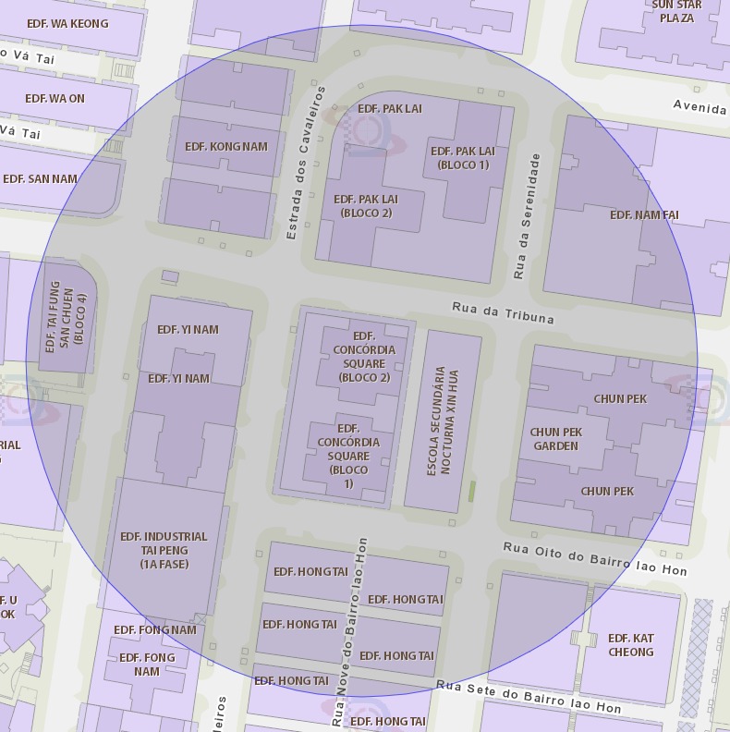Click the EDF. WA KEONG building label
pyautogui.click(x=67, y=23)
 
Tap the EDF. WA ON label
pyautogui.click(x=55, y=98)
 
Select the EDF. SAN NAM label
pyautogui.click(x=40, y=178)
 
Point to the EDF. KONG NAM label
pyautogui.click(x=225, y=146)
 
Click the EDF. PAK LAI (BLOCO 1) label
pyautogui.click(x=463, y=158)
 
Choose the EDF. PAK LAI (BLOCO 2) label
pyautogui.click(x=366, y=205)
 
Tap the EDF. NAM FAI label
pyautogui.click(x=644, y=214)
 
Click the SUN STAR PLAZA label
pyautogui.click(x=676, y=11)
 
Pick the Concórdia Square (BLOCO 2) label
pyautogui.click(x=364, y=357)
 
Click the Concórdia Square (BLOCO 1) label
pyautogui.click(x=348, y=456)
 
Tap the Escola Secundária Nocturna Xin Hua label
pyautogui.click(x=443, y=421)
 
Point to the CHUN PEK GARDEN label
pyautogui.click(x=555, y=439)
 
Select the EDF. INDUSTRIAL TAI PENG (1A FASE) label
pyautogui.click(x=164, y=550)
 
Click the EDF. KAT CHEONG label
pyautogui.click(x=631, y=645)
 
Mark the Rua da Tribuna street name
pyautogui.click(x=503, y=312)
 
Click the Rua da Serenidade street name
pyautogui.click(x=526, y=217)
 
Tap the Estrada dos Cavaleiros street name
pyautogui.click(x=306, y=164)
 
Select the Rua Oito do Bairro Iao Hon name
pyautogui.click(x=594, y=559)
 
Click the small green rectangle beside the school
pyautogui.click(x=471, y=491)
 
